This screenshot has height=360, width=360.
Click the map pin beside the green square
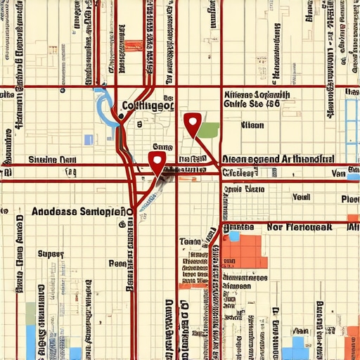tap(191, 123)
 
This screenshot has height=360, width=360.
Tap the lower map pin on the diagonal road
tap(157, 161)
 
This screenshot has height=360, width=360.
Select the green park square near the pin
tap(208, 129)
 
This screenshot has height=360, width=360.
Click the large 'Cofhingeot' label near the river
tap(148, 106)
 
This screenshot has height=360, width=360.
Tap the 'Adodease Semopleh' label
tap(82, 211)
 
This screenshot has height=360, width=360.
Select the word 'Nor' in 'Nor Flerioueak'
tap(276, 228)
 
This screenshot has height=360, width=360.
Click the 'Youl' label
tap(301, 198)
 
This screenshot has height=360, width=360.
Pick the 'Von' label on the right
tap(339, 173)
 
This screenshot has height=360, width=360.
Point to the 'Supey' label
tap(51, 253)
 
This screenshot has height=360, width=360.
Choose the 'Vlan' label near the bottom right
tap(300, 330)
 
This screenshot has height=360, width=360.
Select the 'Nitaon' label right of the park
tap(252, 125)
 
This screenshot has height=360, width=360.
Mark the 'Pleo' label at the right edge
tap(349, 199)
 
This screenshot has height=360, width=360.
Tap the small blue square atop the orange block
tap(234, 237)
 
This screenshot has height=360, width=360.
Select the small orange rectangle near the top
tap(133, 45)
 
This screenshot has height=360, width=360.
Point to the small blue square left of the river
tap(89, 140)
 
